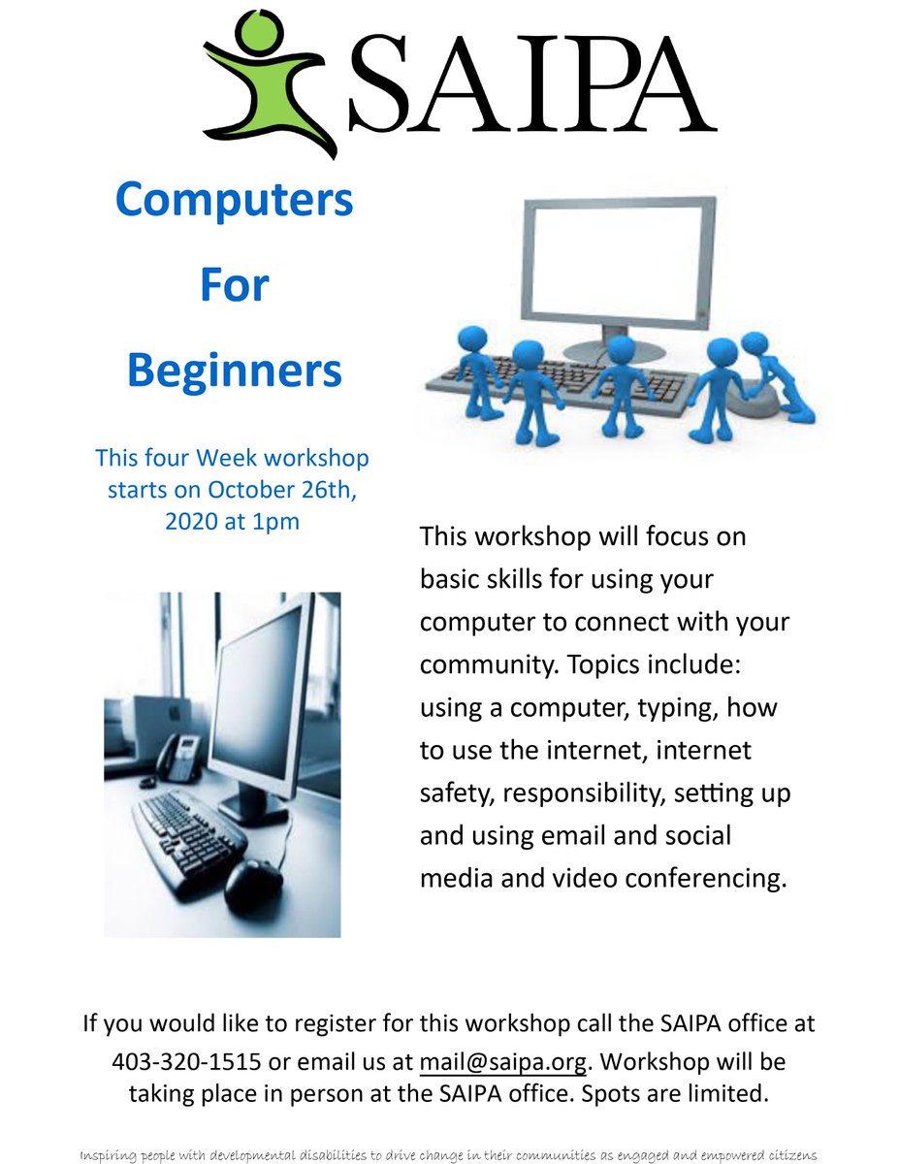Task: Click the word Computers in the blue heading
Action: tap(234, 202)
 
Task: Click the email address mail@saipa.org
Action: tap(503, 1062)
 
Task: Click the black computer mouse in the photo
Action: tap(253, 885)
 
